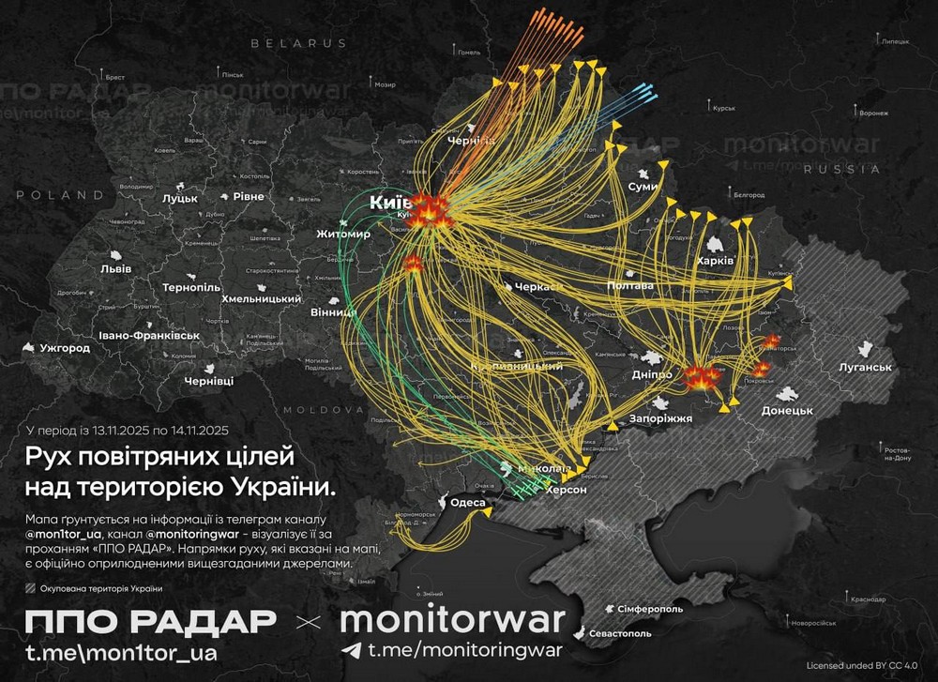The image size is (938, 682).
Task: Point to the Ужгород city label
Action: tap(65, 348)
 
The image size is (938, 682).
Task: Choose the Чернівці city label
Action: tap(209, 381)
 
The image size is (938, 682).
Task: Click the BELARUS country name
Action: tap(298, 43)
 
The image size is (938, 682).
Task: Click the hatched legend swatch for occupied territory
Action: tap(33, 589)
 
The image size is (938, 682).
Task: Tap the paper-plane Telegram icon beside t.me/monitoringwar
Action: tap(350, 649)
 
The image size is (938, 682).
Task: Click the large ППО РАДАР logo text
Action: tap(150, 620)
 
